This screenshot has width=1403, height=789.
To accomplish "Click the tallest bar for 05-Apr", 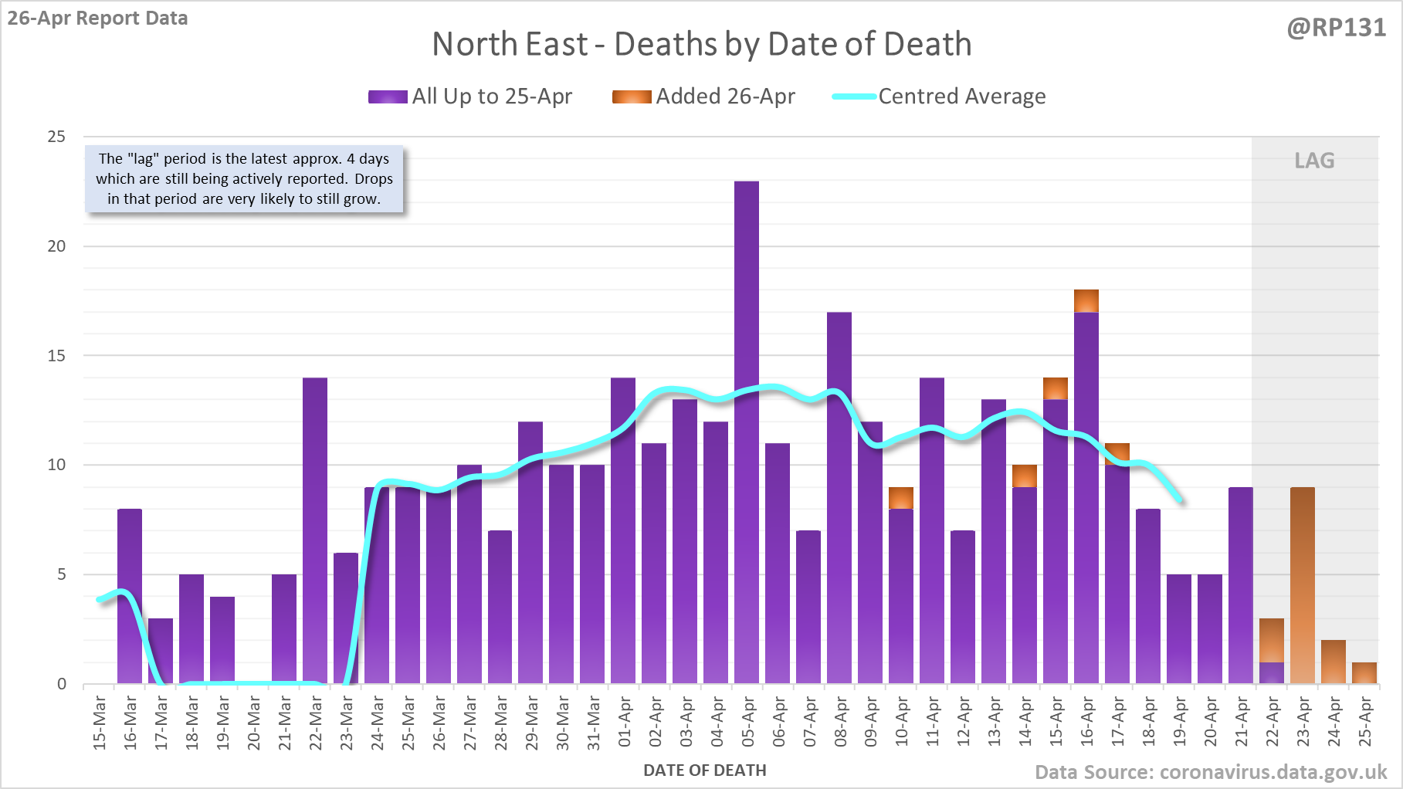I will coord(747,432).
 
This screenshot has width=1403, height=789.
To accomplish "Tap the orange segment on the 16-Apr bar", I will coord(1086,301).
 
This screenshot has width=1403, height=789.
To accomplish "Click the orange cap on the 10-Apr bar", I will coord(901,498).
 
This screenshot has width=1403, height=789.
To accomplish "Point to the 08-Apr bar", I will coord(839,498).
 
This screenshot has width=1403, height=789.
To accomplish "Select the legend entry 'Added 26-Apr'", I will coord(703,97).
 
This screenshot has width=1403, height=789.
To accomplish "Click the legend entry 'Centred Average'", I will coord(939,97).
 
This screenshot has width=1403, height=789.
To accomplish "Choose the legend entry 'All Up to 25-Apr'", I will coord(470,97).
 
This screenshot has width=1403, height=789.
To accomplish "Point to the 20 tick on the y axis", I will coord(57,246).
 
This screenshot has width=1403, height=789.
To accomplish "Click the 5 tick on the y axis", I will coord(61,574).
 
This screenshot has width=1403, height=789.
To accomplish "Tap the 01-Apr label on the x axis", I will coord(625,722).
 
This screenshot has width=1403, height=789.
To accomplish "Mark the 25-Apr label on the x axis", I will coord(1365,722).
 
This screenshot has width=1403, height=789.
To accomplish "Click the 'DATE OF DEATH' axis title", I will coord(705,770).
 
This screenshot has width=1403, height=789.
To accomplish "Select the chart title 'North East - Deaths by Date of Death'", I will coord(701,44).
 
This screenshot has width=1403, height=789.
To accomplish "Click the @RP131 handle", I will coord(1337,28).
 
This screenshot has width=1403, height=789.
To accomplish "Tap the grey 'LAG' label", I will coord(1314,161).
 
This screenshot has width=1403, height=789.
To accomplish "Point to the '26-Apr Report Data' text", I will coord(98,18).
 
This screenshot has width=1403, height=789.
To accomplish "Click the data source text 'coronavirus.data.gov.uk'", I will coord(1273,772).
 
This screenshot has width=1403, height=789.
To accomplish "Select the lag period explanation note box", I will coord(244,179).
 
